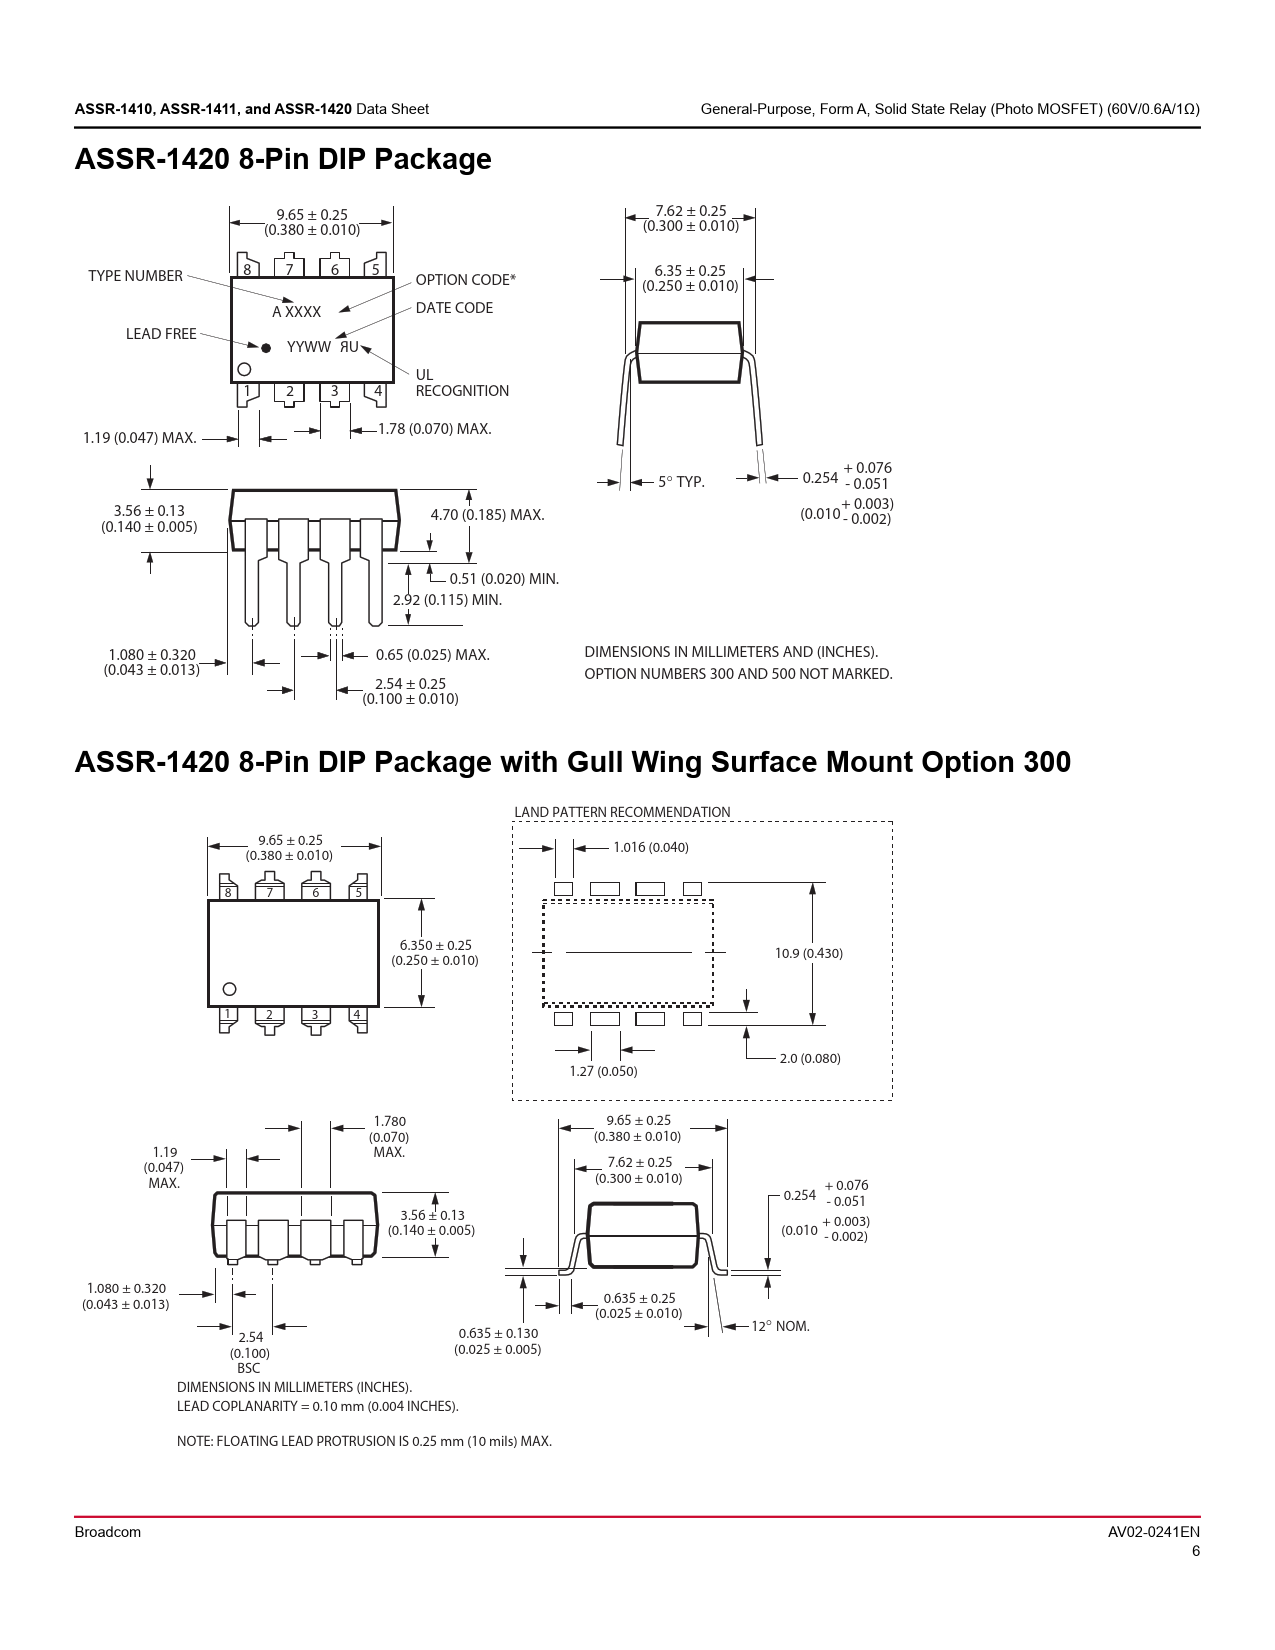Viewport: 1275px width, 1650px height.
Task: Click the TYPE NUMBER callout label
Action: pos(135,276)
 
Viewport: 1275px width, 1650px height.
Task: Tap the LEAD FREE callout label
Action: pos(161,334)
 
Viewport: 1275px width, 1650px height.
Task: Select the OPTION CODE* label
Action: pos(466,280)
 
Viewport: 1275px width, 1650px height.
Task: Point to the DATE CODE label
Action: pos(454,308)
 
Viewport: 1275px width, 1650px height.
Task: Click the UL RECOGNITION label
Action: pos(462,383)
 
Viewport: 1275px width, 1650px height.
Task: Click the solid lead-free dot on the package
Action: pos(266,348)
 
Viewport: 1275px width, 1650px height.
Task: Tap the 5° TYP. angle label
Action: pos(681,482)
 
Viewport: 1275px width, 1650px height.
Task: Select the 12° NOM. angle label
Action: pos(781,1327)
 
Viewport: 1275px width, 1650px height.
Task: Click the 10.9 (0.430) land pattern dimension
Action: pos(809,953)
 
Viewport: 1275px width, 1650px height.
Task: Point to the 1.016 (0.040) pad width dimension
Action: pos(651,847)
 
